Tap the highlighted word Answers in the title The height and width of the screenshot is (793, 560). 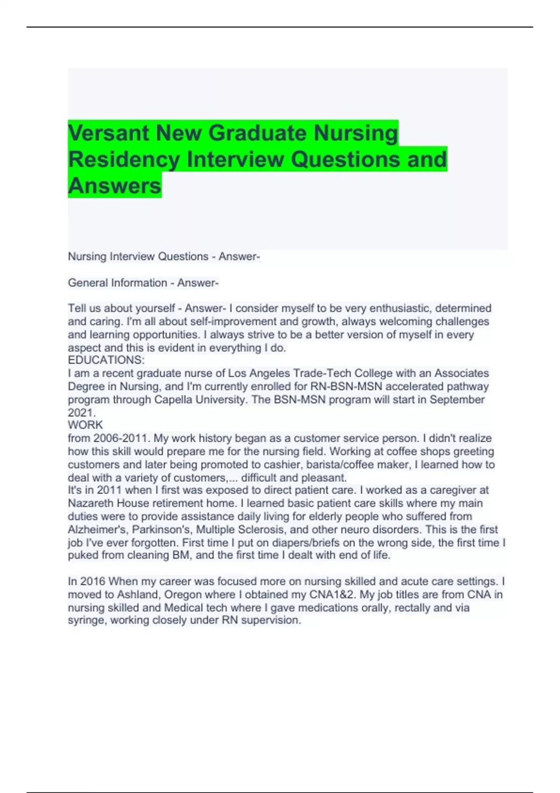click(115, 186)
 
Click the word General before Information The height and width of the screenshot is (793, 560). click(85, 283)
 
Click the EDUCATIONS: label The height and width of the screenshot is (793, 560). click(106, 360)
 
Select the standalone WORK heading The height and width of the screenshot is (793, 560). click(85, 425)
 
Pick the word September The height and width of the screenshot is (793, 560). click(457, 400)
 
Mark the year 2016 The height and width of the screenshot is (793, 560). click(93, 582)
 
